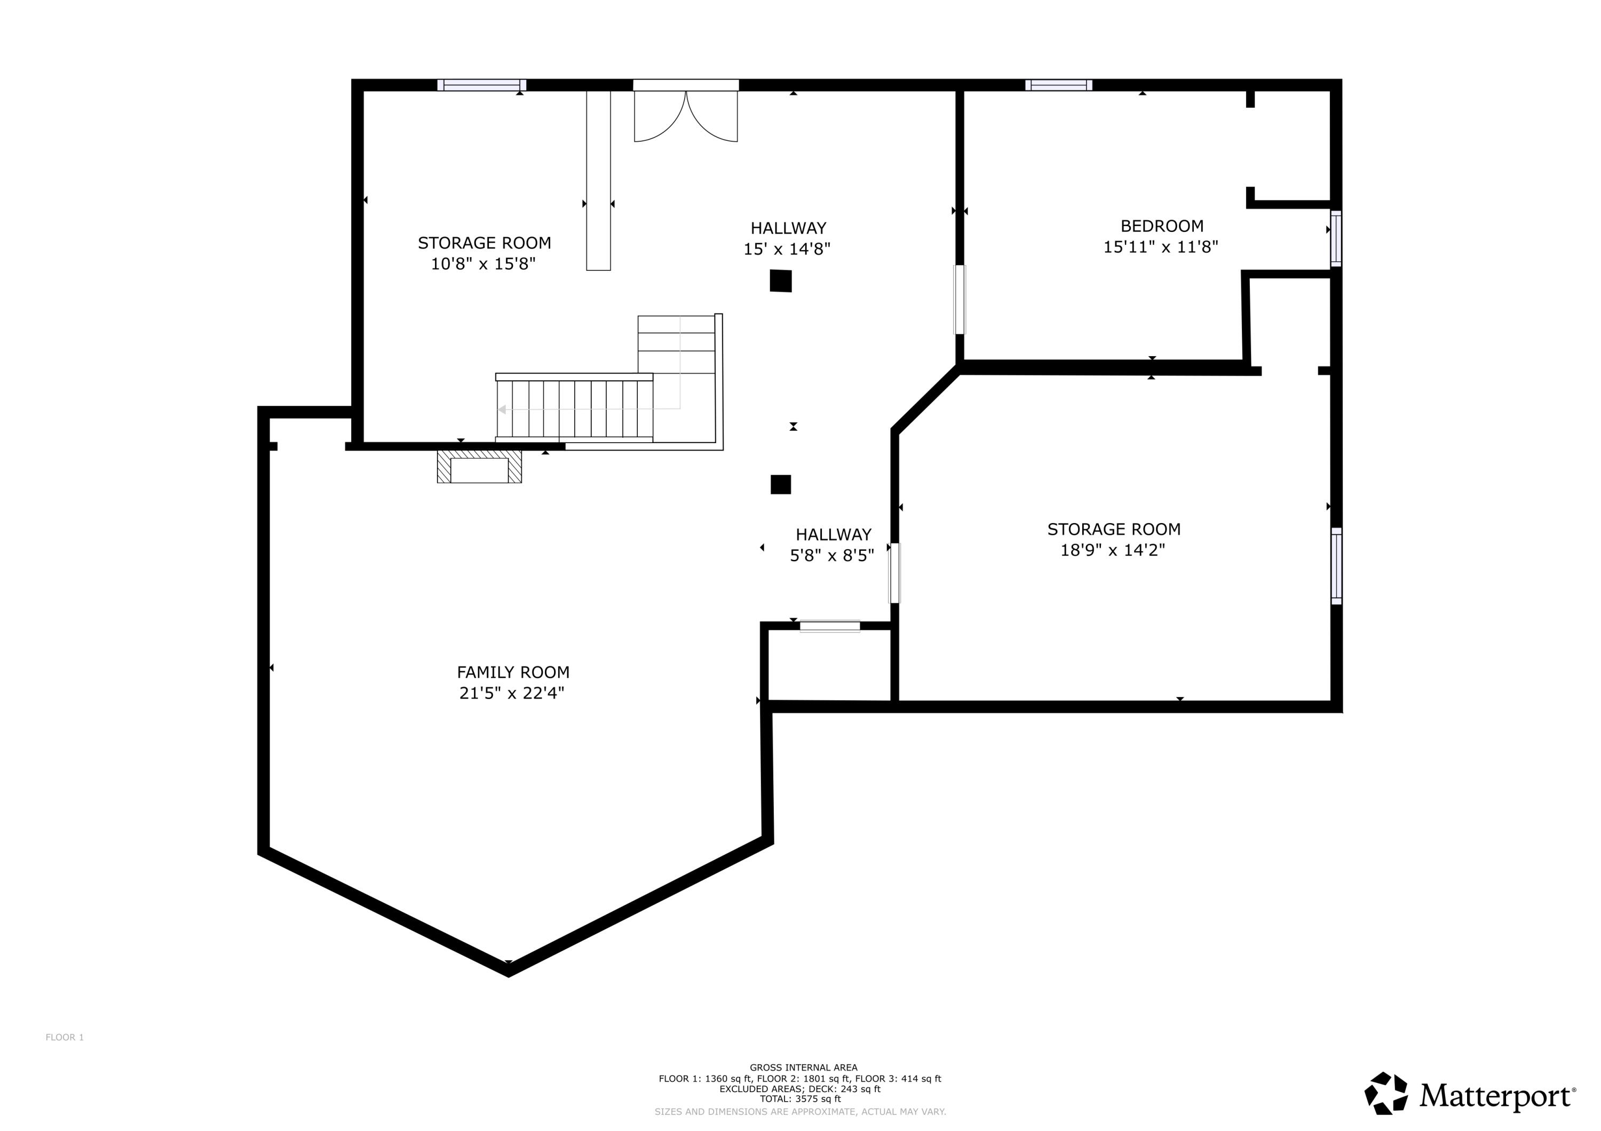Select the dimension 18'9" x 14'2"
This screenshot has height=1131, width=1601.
click(x=1112, y=550)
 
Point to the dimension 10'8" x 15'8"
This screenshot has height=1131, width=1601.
click(x=482, y=264)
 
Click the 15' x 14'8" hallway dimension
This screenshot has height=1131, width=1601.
click(x=787, y=249)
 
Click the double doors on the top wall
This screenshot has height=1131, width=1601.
click(x=685, y=115)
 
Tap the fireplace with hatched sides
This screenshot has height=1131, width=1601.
click(x=479, y=467)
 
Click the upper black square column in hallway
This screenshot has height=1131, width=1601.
click(x=780, y=281)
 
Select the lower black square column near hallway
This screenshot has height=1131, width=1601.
click(x=780, y=484)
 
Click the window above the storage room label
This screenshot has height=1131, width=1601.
click(x=482, y=85)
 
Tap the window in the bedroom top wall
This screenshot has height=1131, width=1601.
click(x=1058, y=85)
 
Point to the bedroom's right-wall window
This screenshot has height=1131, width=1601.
click(x=1335, y=238)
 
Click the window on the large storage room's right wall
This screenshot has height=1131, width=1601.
click(x=1335, y=566)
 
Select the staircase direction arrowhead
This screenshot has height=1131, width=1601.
click(x=501, y=410)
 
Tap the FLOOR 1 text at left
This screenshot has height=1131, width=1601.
click(x=64, y=1038)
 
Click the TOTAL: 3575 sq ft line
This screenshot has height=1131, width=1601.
click(x=800, y=1099)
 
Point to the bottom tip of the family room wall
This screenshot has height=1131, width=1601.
click(x=509, y=970)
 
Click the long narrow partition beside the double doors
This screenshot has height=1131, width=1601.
click(x=598, y=180)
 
